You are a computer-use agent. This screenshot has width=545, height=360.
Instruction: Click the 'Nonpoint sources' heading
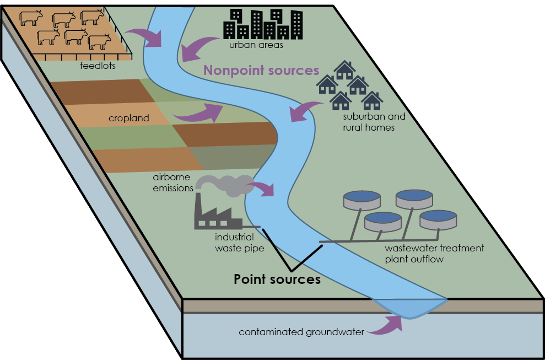point(262,71)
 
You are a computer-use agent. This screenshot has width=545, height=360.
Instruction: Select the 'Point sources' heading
point(277,280)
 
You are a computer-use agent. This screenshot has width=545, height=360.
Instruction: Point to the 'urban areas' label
point(256,45)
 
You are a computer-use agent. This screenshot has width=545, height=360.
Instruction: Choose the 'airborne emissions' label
point(173,183)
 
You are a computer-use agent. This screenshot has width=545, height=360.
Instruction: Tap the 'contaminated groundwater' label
point(301,332)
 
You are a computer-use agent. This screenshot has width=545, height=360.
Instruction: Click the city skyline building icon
point(262,24)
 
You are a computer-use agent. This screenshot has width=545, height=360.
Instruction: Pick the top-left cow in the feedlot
point(31,19)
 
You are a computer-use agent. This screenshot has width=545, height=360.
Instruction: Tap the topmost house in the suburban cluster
point(345,70)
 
